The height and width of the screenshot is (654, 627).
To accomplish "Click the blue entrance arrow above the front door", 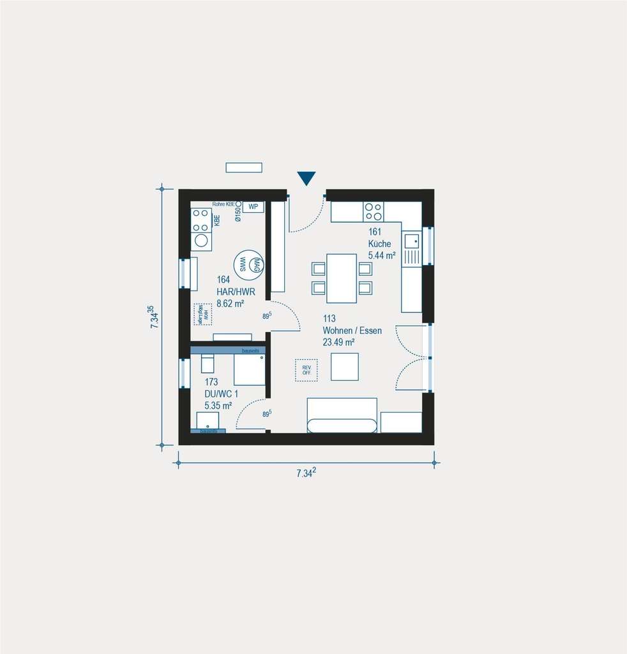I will tap(306, 178).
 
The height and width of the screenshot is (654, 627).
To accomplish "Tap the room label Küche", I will tap(379, 244).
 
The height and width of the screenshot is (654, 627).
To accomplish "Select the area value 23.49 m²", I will tap(338, 342).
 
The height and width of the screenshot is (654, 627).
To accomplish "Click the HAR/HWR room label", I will tap(236, 291).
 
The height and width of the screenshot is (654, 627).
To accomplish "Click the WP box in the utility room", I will tap(253, 206).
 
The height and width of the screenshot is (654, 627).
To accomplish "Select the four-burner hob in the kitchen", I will tap(374, 211).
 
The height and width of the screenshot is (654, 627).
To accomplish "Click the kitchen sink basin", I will tap(412, 241).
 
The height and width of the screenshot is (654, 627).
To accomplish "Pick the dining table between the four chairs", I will tap(342, 278).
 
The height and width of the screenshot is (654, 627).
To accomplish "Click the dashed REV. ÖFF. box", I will tap(306, 370).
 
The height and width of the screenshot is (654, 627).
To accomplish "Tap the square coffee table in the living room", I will tap(344, 366).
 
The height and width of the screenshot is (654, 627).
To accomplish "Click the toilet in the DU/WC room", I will tap(208, 363).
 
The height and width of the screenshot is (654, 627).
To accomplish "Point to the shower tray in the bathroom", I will tap(249, 370).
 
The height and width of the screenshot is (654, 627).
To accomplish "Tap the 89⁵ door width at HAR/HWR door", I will tap(267, 315).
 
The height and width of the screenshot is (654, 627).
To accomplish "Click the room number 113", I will tap(329, 319).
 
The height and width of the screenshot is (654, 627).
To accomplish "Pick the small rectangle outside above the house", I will tap(244, 167).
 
